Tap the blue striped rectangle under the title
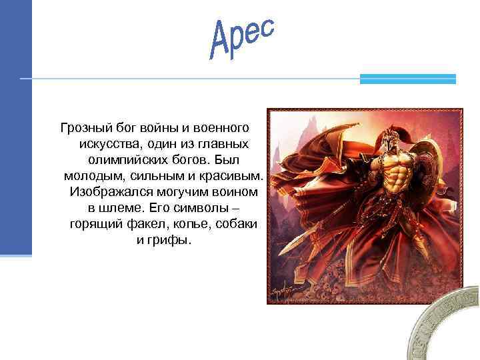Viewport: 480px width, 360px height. tap(407, 79)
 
